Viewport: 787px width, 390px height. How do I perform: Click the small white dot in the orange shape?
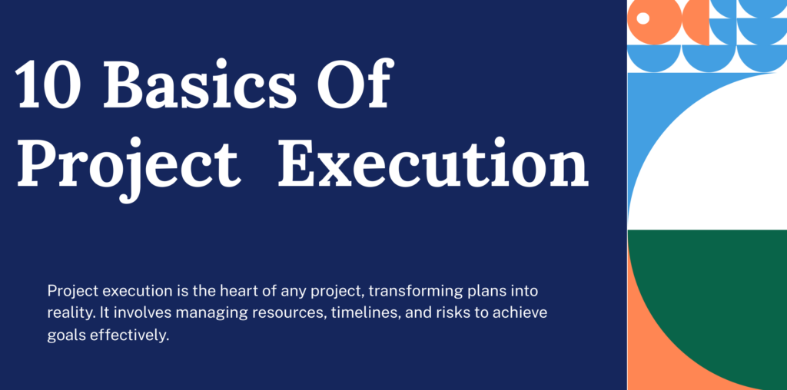(643, 18)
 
